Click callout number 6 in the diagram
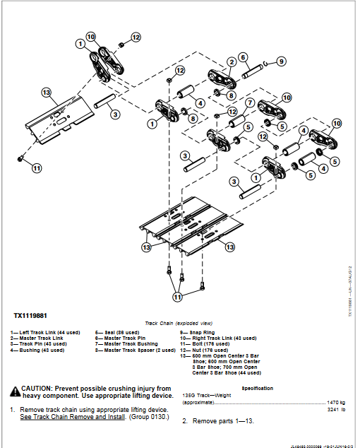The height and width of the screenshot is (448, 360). (x=242, y=57)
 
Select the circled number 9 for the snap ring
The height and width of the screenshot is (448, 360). (x=281, y=61)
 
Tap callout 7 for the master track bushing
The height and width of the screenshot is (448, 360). (x=250, y=102)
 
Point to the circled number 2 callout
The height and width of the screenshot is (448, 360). (x=230, y=63)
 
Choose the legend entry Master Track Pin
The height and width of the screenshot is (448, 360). (x=121, y=338)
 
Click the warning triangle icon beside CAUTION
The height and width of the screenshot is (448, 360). (x=15, y=389)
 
